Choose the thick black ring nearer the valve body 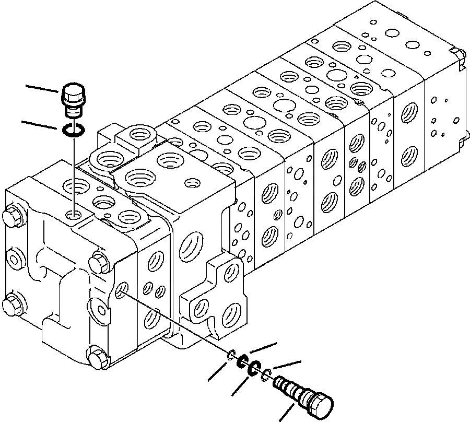click(x=243, y=361)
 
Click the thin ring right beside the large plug click(x=267, y=373)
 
